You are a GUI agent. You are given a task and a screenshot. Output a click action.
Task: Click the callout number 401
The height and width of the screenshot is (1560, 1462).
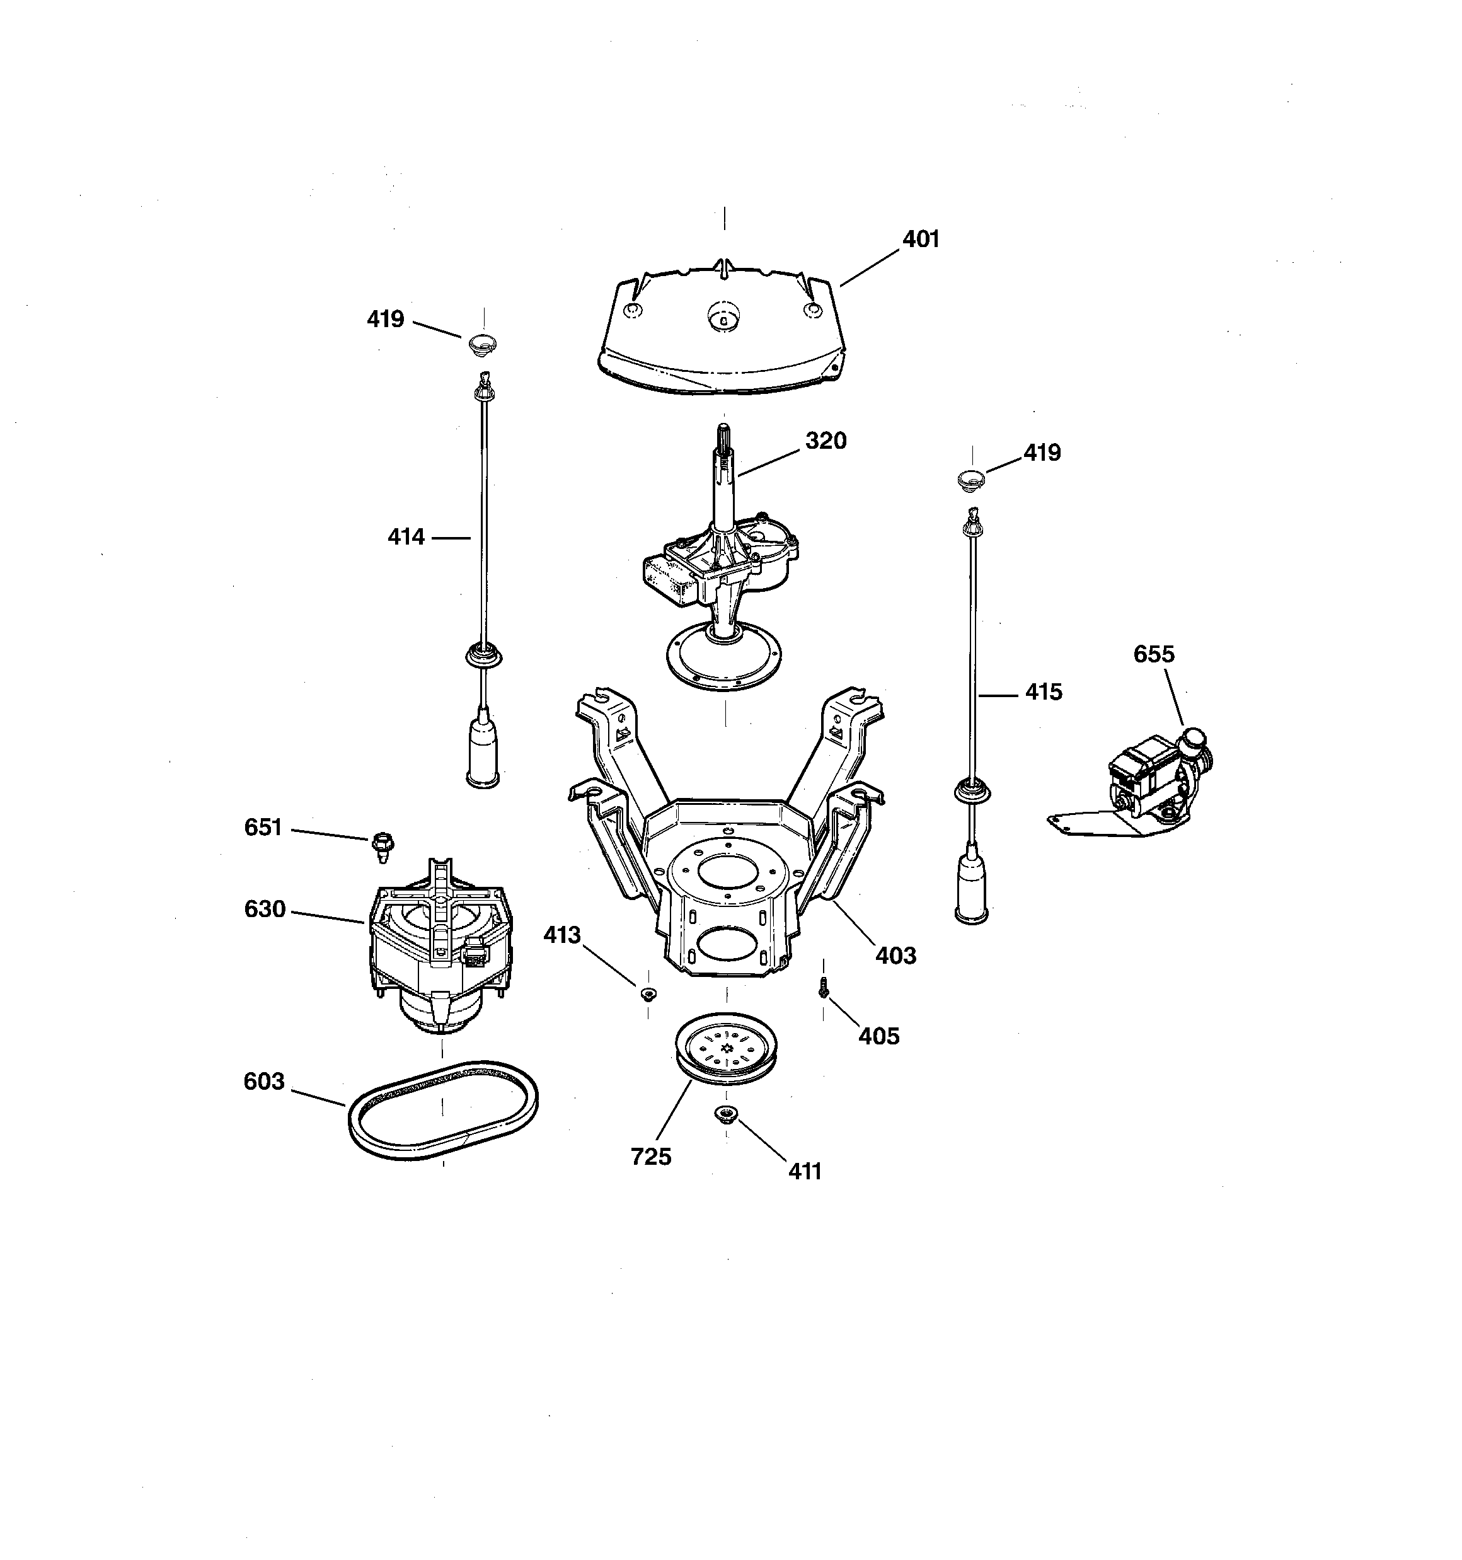click(x=921, y=240)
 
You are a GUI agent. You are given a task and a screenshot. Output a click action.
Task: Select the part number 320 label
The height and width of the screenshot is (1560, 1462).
click(x=826, y=441)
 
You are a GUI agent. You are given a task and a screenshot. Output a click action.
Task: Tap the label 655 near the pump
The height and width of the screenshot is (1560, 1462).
click(x=1154, y=654)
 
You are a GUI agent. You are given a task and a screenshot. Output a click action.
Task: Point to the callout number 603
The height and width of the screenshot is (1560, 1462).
click(x=263, y=1082)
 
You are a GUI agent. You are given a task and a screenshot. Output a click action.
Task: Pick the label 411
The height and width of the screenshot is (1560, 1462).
click(x=804, y=1172)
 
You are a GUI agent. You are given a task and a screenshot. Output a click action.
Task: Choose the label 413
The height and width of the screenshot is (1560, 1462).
click(x=562, y=935)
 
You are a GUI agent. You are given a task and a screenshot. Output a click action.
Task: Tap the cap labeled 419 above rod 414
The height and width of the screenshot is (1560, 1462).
click(x=483, y=343)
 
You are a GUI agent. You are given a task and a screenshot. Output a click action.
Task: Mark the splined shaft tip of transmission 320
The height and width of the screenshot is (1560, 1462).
click(x=723, y=436)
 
